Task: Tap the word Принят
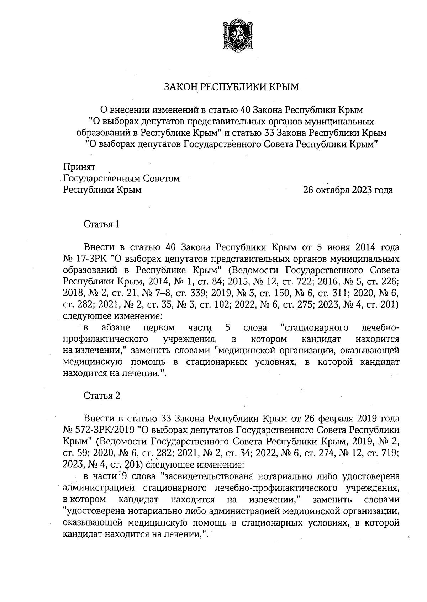point(79,167)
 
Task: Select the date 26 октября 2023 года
point(348,190)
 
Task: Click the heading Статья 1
point(102,224)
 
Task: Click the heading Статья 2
point(102,395)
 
